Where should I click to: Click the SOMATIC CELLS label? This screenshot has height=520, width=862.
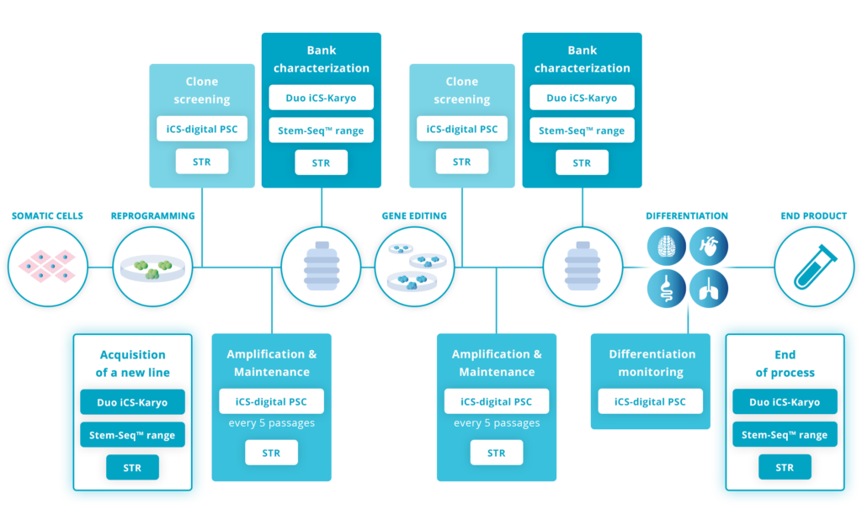pyautogui.click(x=47, y=216)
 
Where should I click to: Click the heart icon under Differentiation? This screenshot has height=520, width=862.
pyautogui.click(x=708, y=246)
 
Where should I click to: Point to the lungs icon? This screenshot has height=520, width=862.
pyautogui.click(x=708, y=289)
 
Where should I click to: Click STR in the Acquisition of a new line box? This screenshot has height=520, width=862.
pyautogui.click(x=132, y=467)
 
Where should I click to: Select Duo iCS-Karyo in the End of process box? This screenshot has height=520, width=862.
pyautogui.click(x=785, y=401)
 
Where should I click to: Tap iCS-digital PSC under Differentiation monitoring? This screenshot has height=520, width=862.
pyautogui.click(x=651, y=401)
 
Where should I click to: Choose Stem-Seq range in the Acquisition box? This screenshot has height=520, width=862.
pyautogui.click(x=132, y=435)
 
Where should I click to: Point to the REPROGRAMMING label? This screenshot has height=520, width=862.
pyautogui.click(x=152, y=216)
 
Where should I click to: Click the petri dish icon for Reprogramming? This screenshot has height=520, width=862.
pyautogui.click(x=152, y=267)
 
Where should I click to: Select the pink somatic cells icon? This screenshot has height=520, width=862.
pyautogui.click(x=47, y=267)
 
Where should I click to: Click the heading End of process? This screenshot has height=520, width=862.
pyautogui.click(x=785, y=363)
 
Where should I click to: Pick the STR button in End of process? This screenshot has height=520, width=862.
pyautogui.click(x=785, y=467)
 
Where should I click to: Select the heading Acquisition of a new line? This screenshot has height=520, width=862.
pyautogui.click(x=132, y=363)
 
